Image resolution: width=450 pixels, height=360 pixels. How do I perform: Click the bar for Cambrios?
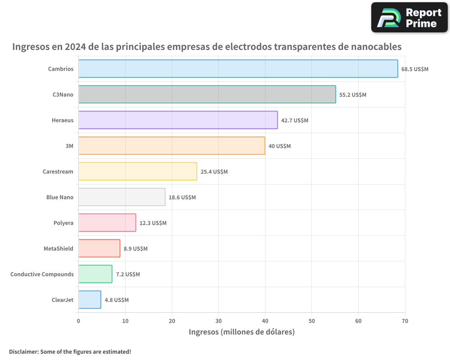tap(238, 69)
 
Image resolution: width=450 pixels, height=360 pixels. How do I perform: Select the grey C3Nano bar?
tap(207, 94)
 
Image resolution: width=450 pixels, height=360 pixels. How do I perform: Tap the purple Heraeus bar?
tap(178, 120)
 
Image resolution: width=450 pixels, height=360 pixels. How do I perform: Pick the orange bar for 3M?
tap(171, 146)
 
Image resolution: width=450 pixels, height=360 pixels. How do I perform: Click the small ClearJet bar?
tap(90, 300)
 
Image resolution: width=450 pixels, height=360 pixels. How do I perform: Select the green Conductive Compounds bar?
tap(95, 274)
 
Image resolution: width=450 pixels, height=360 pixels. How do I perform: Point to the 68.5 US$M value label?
tap(415, 69)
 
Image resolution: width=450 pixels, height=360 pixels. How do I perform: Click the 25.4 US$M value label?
tap(214, 172)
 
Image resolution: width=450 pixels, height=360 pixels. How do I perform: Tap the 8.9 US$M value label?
tap(135, 249)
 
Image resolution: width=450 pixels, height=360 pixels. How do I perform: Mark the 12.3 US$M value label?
tap(153, 223)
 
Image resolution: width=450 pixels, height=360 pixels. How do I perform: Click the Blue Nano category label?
tap(60, 198)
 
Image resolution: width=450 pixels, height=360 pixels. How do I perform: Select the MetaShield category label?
tap(58, 249)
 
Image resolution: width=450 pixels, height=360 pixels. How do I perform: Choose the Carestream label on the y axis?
tap(58, 172)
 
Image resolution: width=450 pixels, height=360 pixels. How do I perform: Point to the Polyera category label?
tap(63, 223)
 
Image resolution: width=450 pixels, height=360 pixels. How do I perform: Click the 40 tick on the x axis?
tap(265, 321)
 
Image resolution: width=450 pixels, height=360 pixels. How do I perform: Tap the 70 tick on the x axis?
tap(405, 321)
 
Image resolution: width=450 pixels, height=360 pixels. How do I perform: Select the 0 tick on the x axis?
tap(79, 321)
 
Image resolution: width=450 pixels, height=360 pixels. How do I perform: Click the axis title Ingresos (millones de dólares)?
tap(242, 332)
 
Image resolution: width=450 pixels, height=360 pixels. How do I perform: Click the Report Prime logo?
tap(409, 18)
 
